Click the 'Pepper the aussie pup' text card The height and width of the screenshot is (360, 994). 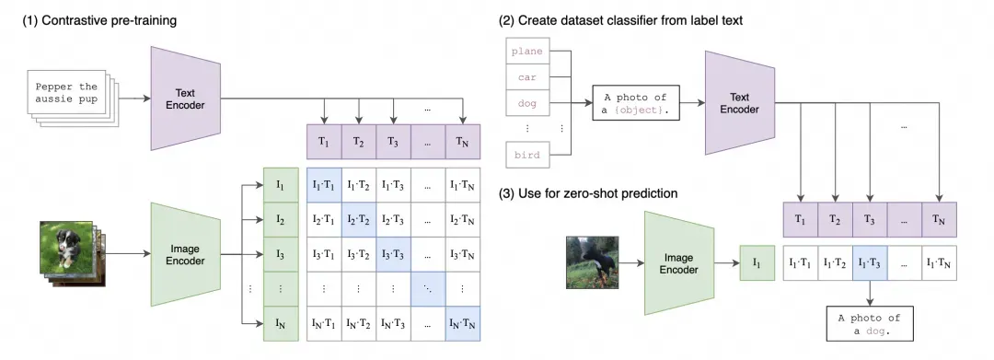(x=66, y=92)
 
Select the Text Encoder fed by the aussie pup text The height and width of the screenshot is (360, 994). (x=185, y=99)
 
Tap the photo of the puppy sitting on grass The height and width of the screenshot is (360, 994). (x=67, y=251)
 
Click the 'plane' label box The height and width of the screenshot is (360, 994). (x=526, y=52)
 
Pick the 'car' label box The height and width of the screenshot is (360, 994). (x=526, y=77)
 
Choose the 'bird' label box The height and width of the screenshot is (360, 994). (x=526, y=155)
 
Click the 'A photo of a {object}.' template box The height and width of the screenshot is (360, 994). (x=635, y=103)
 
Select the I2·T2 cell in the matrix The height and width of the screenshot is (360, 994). (x=359, y=220)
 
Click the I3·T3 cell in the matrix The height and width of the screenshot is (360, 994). (x=394, y=254)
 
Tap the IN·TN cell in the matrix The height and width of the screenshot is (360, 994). (x=463, y=324)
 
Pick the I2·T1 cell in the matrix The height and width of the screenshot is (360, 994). (x=324, y=220)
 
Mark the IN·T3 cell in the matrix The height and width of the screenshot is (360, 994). (x=394, y=324)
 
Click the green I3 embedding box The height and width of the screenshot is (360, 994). (x=280, y=254)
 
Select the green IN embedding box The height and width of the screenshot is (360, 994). (x=280, y=324)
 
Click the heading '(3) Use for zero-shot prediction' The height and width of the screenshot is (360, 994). (x=588, y=192)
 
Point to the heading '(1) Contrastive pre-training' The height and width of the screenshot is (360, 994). (x=99, y=20)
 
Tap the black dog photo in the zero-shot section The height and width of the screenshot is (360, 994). (x=592, y=261)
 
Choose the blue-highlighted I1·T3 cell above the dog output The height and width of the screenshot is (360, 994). (x=870, y=262)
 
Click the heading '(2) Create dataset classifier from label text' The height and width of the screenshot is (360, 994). (x=621, y=20)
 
